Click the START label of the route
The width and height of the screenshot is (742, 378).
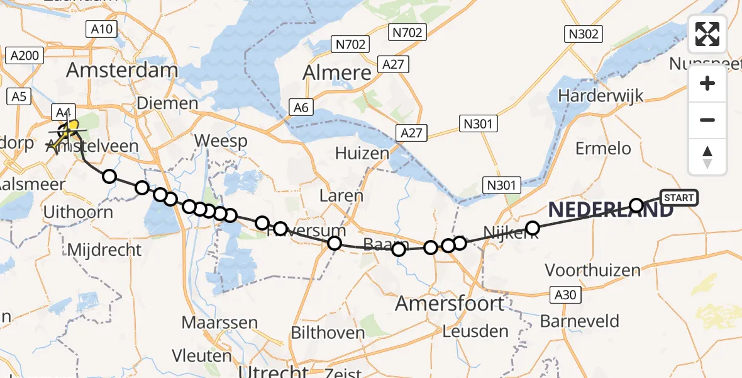[678, 198]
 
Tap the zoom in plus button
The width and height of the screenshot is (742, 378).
[707, 84]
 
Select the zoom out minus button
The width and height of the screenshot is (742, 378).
[707, 120]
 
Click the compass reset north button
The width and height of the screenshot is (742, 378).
[707, 157]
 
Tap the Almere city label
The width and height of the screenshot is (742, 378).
[337, 73]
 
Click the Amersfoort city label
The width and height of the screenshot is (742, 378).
[450, 304]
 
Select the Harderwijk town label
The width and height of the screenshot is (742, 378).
[601, 96]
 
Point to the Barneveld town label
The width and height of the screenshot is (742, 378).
[580, 321]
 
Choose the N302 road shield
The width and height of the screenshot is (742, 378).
[583, 34]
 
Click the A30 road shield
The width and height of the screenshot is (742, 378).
[564, 295]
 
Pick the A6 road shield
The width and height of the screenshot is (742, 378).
[301, 108]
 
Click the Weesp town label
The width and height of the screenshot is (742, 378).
[221, 140]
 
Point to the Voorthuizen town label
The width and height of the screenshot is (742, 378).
[592, 271]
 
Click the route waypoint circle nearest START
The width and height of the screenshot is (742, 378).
[636, 205]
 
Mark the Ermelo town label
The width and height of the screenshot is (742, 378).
[603, 149]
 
